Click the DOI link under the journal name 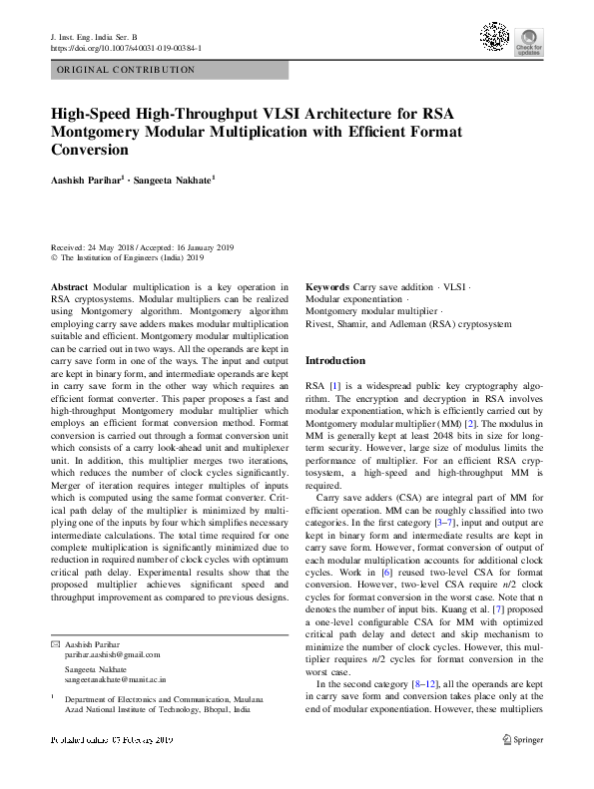[126, 47]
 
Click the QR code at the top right [495, 37]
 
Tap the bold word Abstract [69, 285]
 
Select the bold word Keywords [327, 285]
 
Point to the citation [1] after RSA [334, 384]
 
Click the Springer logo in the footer [523, 739]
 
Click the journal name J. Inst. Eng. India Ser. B [93, 36]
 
